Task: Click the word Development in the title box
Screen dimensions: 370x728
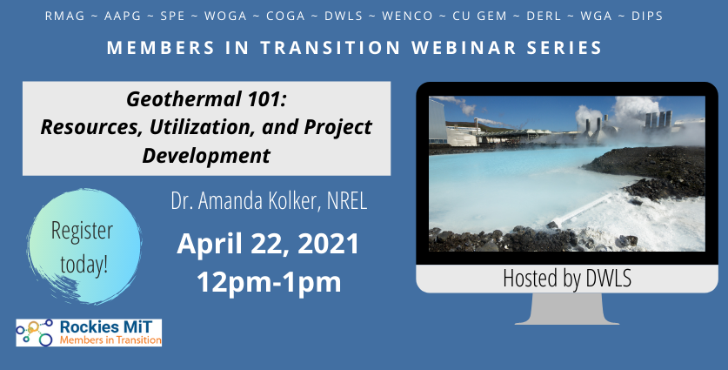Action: [206, 155]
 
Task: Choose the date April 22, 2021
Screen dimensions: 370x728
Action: [268, 244]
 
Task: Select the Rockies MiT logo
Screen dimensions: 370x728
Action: [89, 333]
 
